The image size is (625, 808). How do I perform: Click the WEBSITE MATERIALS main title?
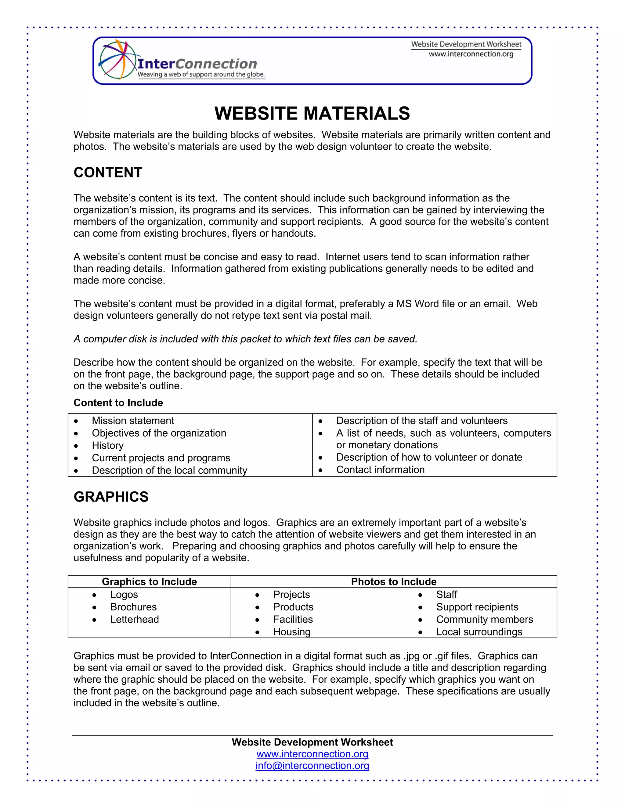click(x=312, y=114)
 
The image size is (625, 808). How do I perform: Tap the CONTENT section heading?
click(x=108, y=172)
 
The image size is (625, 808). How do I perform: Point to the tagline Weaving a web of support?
click(x=201, y=75)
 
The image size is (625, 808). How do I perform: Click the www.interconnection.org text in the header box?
click(x=471, y=54)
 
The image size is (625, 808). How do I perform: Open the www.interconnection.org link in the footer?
click(x=312, y=754)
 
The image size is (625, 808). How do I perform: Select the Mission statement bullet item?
click(x=133, y=421)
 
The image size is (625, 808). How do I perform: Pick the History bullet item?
click(x=108, y=445)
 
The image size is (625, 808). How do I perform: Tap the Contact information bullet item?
click(x=380, y=470)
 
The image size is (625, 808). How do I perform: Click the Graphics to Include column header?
click(x=149, y=581)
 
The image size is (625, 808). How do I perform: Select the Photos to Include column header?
click(x=394, y=581)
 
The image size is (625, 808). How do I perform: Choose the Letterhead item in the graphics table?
click(x=134, y=619)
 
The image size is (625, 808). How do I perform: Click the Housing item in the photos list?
click(x=292, y=632)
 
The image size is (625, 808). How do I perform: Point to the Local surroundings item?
click(x=479, y=632)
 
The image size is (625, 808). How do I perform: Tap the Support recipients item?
click(x=477, y=607)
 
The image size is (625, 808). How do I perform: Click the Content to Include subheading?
click(x=118, y=403)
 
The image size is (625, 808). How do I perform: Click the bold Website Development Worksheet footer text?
click(x=312, y=742)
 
